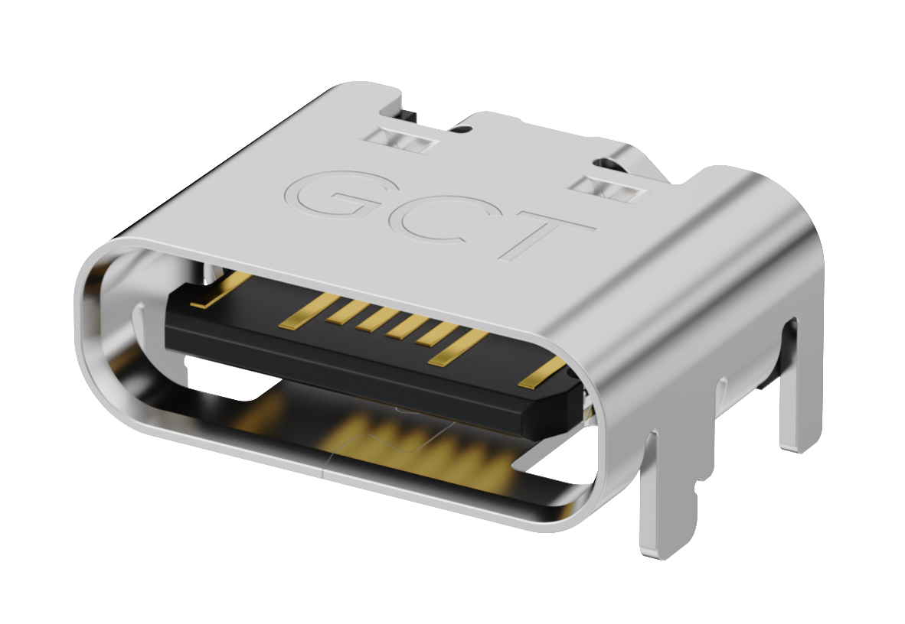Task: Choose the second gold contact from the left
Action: click(303, 314)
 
